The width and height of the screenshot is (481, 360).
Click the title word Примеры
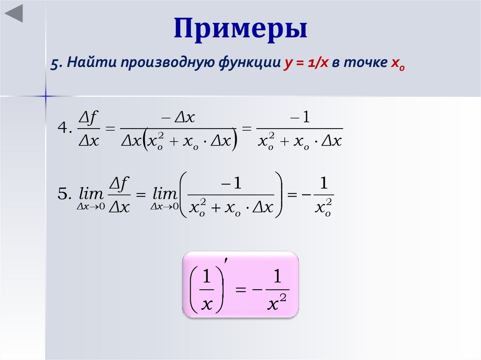point(240,30)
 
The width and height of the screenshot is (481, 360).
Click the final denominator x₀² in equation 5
point(324,207)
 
